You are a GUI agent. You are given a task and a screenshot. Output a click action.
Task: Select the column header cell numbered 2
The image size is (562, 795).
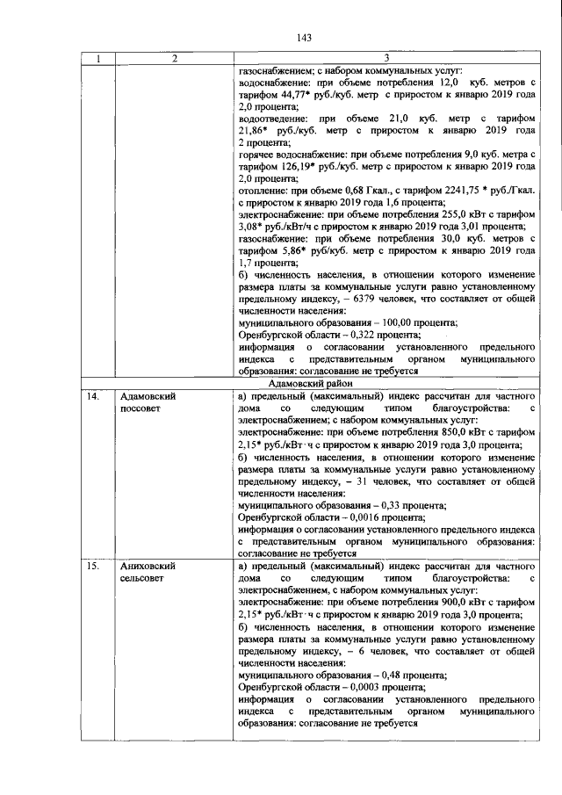coord(175,58)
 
